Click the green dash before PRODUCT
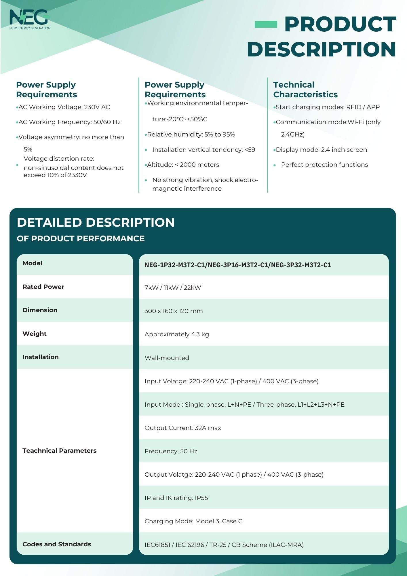click(266, 24)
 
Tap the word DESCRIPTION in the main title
click(322, 49)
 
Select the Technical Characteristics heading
click(305, 90)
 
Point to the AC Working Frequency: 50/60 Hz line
click(69, 122)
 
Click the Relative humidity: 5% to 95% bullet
click(191, 134)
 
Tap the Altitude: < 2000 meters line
click(183, 165)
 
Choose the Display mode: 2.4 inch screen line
click(321, 150)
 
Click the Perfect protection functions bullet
click(324, 165)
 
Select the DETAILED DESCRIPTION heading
click(96, 222)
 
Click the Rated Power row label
click(43, 287)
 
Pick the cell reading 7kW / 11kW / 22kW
click(173, 287)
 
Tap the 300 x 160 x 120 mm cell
click(174, 311)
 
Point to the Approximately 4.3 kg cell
click(177, 334)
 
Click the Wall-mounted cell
click(167, 358)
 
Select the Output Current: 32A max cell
click(183, 428)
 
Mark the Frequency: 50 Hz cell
click(171, 451)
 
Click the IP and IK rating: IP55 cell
click(176, 498)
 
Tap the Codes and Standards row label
click(57, 544)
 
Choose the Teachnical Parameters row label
click(59, 451)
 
